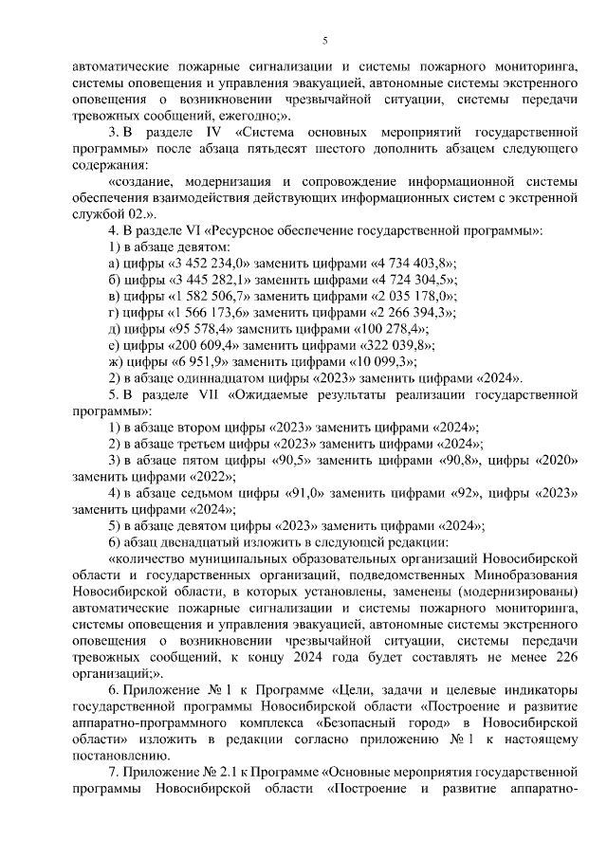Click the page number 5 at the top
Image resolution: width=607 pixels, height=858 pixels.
point(324,40)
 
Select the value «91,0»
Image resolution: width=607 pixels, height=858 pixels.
point(306,493)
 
